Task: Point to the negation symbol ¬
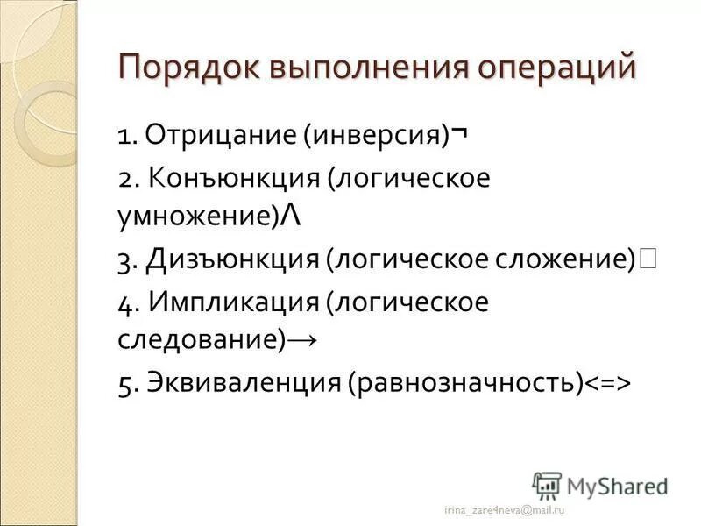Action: tap(458, 135)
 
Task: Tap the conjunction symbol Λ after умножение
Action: tap(291, 216)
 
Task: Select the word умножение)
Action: tap(198, 217)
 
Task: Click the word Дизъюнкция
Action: tap(232, 259)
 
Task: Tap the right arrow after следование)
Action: tap(302, 341)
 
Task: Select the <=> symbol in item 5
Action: tap(608, 384)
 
